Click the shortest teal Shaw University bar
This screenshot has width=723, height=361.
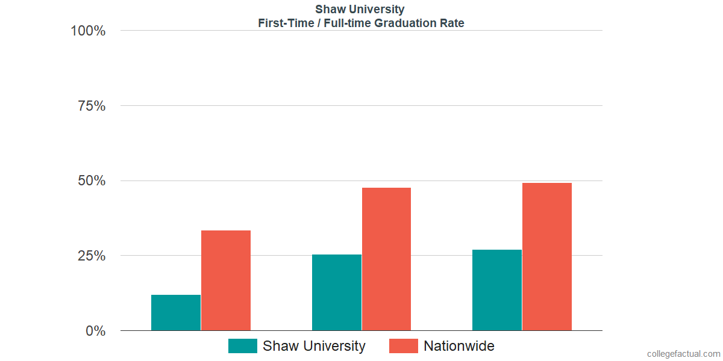coord(176,313)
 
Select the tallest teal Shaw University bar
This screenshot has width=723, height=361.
coord(497,290)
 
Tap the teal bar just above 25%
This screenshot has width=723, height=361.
coord(337,292)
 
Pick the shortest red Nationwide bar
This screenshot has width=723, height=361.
coord(226,280)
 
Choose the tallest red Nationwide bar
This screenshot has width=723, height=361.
coord(547,257)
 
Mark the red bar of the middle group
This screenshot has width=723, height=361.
coord(386,259)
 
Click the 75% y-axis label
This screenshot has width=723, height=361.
coord(92,106)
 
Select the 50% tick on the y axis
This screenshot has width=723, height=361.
coord(92,181)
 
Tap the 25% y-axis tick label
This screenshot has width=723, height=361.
coord(92,256)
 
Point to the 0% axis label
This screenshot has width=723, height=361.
coord(95,331)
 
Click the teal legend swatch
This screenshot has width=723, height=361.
coord(243,346)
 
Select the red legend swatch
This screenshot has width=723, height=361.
coord(404,346)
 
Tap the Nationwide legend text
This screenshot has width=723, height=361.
coord(459,346)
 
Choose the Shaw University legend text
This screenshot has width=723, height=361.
coord(314,346)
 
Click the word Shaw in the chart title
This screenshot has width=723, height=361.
coord(329,10)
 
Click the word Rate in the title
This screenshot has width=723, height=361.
coord(452,23)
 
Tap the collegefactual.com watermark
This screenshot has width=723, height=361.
coord(683,354)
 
